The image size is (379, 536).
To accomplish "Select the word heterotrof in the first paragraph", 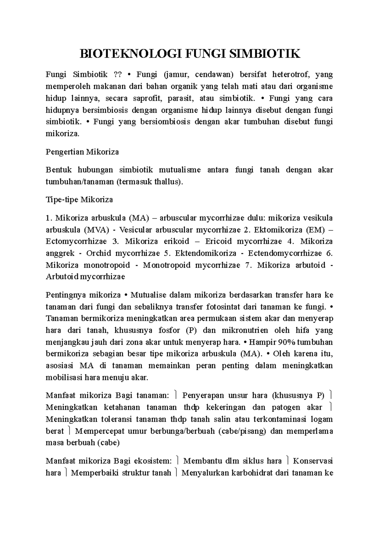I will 289,74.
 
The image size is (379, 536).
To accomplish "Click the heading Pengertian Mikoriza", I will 82,152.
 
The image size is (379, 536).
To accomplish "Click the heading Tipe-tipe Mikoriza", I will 79,200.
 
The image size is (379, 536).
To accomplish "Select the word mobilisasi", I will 64,378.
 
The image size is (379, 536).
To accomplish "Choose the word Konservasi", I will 313,461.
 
